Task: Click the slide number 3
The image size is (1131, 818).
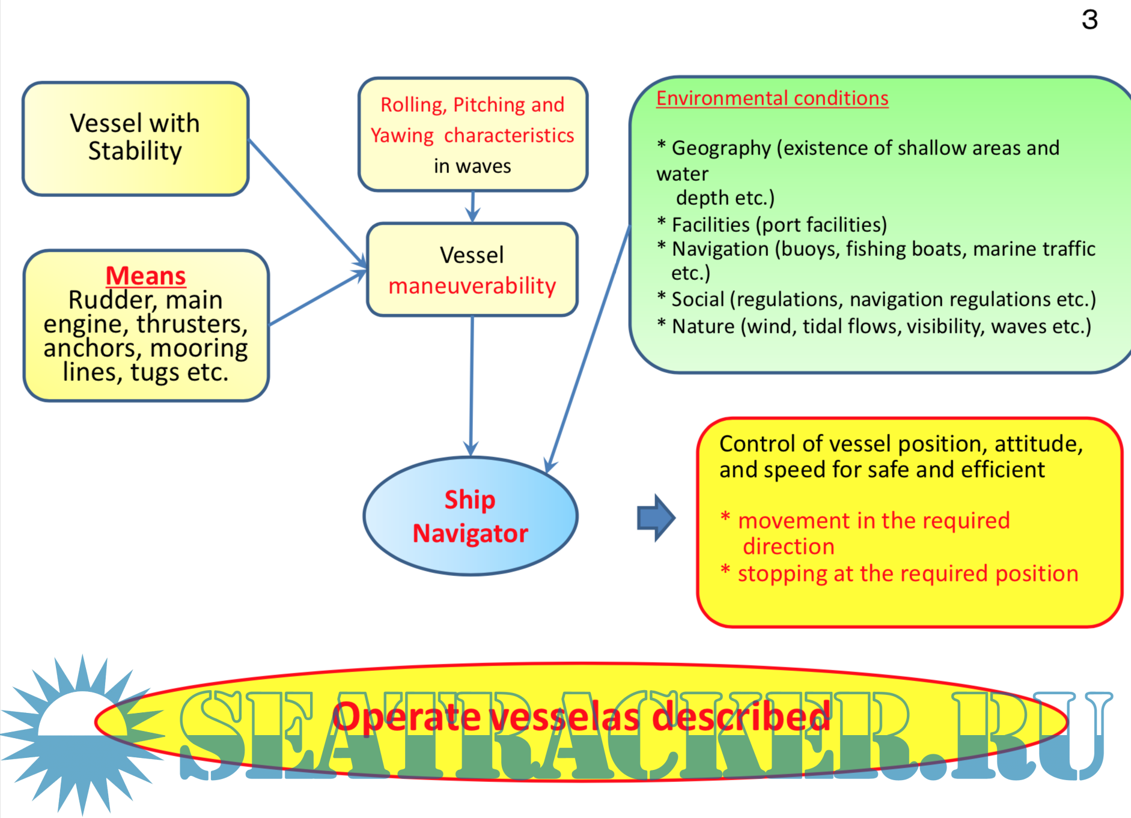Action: pos(1089,20)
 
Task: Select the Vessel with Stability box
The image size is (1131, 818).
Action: pos(135,138)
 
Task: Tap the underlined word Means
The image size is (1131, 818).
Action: pos(145,276)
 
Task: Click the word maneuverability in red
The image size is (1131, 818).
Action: pos(472,286)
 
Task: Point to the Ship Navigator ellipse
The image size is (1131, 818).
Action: pos(470,517)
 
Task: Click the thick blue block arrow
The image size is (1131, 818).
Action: pos(656,518)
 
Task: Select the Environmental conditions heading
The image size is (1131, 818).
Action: pos(772,98)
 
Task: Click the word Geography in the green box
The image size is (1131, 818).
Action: pos(721,148)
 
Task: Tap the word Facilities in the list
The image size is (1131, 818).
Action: pos(710,225)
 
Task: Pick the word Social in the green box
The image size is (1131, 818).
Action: pos(698,299)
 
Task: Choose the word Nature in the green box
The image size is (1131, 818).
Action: pos(703,326)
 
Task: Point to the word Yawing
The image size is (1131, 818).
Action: pos(401,136)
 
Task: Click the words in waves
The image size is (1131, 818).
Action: pos(472,166)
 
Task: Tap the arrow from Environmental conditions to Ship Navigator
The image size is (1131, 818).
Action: pos(589,348)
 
